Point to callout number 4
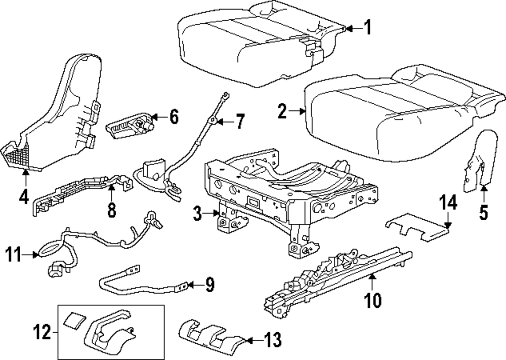24,196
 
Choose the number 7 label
239,121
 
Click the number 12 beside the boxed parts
43,333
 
